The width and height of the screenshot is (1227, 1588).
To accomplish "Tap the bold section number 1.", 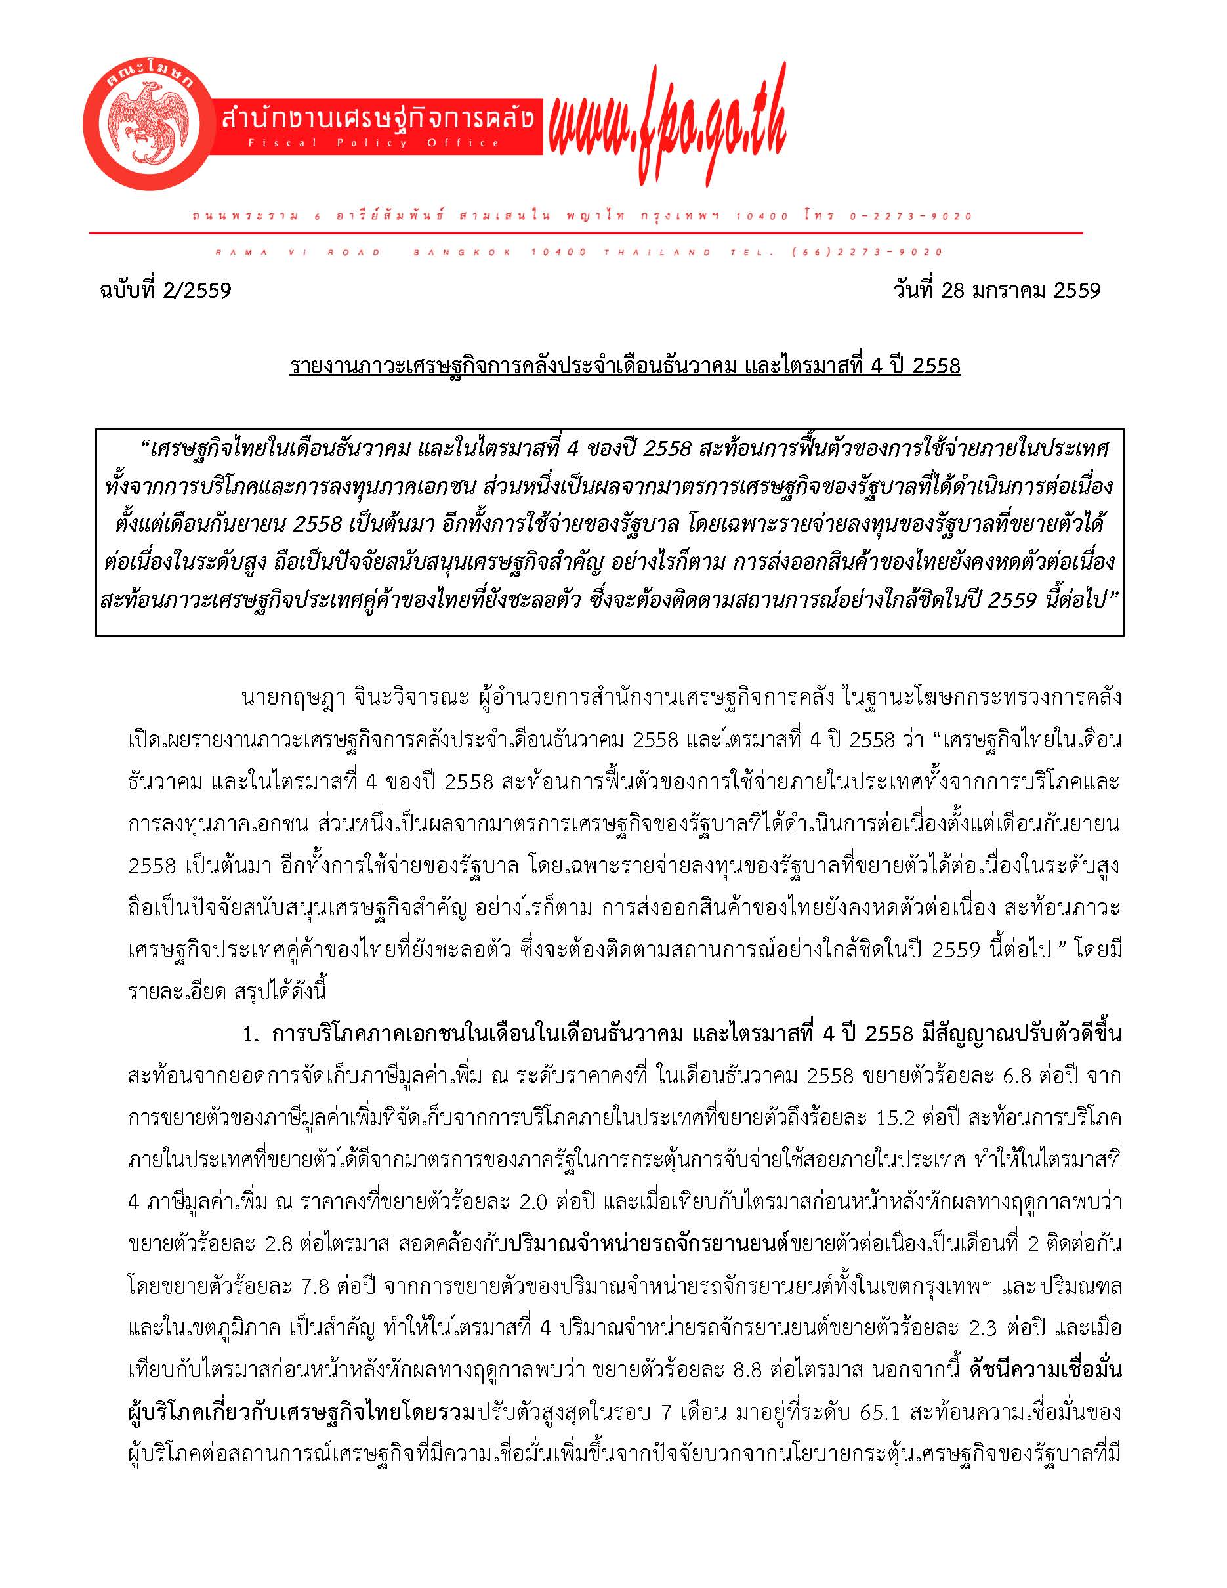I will tap(251, 1034).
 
